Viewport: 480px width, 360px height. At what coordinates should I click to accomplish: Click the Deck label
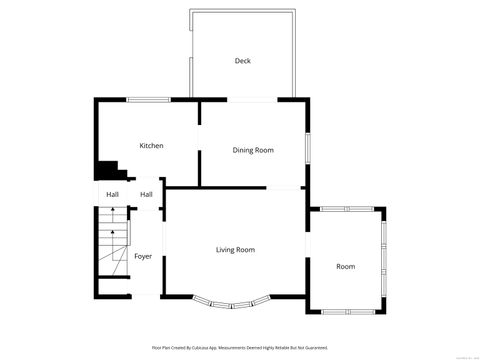pos(242,61)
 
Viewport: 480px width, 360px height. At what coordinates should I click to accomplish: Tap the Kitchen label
pos(151,146)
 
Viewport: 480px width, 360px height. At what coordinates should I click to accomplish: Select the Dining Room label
pos(253,150)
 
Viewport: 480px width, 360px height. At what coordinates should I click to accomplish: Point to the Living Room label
pos(235,249)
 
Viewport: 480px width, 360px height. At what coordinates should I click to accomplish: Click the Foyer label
pos(143,256)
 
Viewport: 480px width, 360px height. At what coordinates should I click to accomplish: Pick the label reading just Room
pos(345,266)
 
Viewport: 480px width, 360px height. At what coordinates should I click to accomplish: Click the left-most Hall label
pos(112,194)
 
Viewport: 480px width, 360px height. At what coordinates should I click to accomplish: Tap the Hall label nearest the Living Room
pos(146,194)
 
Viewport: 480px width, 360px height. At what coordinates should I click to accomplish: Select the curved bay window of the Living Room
pos(231,302)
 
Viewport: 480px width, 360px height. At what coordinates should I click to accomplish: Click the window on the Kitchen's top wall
pos(148,98)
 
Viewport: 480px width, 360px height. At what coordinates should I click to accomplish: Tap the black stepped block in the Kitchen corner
pos(106,171)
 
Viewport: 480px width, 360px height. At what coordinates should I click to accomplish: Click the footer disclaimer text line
pos(240,347)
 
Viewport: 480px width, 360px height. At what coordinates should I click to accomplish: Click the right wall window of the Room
pos(384,260)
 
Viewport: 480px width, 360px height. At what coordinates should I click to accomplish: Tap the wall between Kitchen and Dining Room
pos(199,140)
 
